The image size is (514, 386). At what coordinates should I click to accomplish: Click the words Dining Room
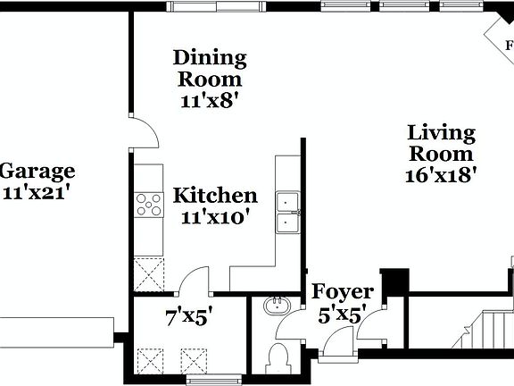(210, 68)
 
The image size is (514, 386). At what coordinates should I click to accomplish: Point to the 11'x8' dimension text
(210, 100)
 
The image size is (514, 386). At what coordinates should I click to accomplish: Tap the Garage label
(37, 172)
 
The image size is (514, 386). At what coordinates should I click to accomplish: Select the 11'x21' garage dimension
(36, 191)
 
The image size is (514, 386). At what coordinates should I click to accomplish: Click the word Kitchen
(215, 196)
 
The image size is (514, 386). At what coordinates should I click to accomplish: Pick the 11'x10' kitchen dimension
(215, 216)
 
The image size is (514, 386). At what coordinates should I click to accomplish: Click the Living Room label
(442, 143)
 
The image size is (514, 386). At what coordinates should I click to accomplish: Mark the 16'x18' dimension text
(442, 174)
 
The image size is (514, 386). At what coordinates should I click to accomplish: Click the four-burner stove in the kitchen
(148, 206)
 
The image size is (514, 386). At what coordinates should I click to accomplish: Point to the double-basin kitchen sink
(287, 212)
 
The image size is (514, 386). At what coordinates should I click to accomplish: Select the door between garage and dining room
(143, 132)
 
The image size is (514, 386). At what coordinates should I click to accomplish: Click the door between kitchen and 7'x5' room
(193, 284)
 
